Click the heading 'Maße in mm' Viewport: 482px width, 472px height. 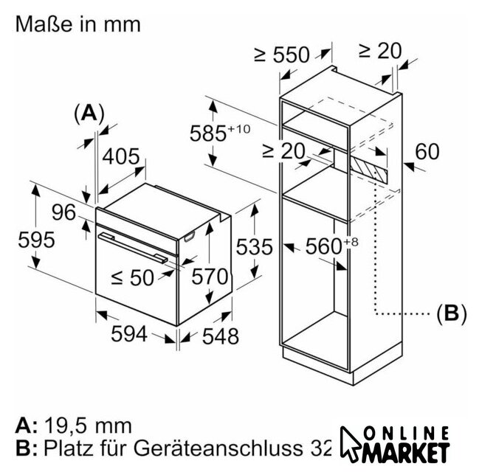[x=77, y=24]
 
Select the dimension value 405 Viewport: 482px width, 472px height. [x=120, y=157]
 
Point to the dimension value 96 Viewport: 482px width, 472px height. [x=63, y=212]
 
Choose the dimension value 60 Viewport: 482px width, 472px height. [x=427, y=152]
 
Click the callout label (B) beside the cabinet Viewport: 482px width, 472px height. [x=450, y=313]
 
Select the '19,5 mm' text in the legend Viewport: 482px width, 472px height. [x=87, y=426]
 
